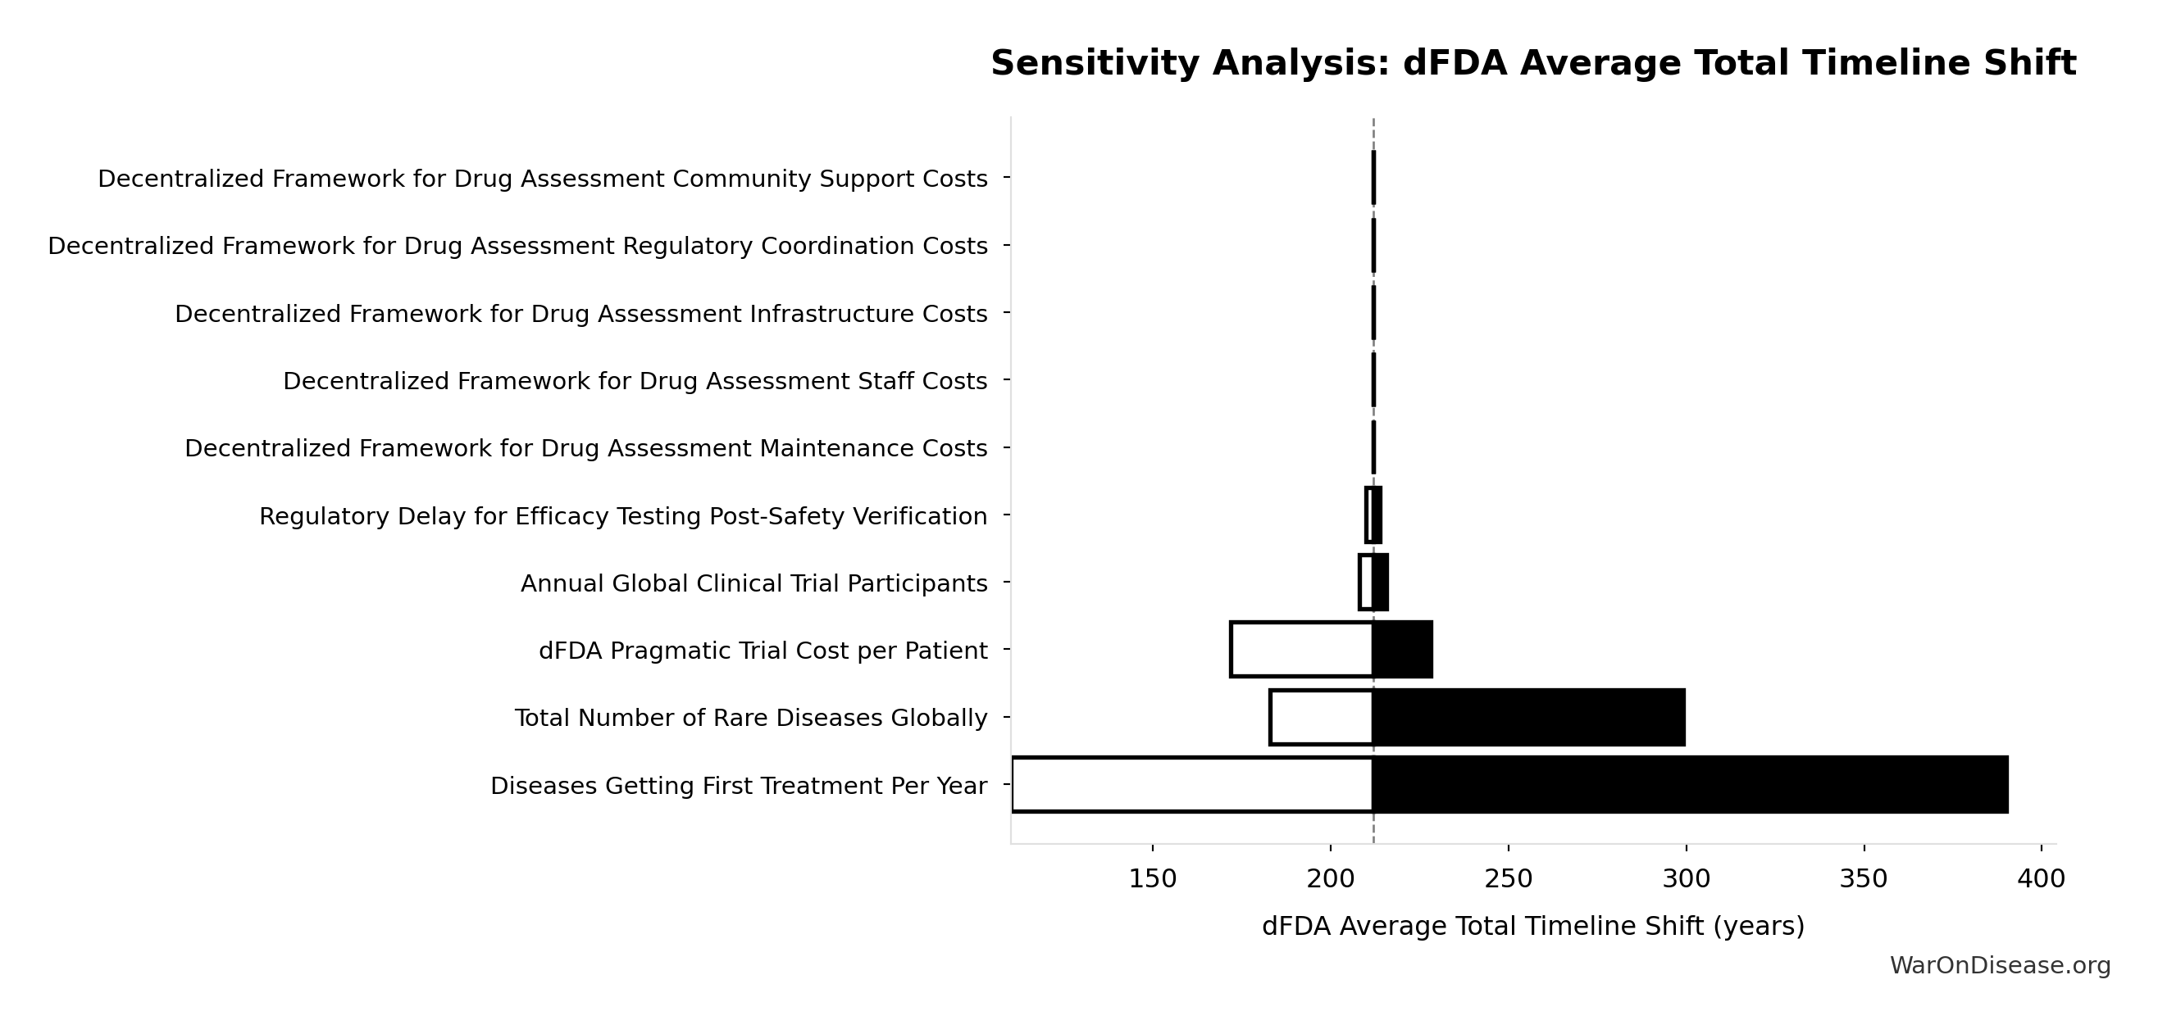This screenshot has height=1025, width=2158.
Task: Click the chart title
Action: point(1532,64)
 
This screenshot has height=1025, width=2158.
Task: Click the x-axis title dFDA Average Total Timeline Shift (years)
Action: point(1532,926)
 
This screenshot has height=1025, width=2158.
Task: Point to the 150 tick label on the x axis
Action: point(1152,879)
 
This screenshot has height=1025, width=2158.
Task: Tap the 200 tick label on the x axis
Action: point(1331,879)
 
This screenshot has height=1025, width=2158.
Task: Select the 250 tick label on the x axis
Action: point(1508,879)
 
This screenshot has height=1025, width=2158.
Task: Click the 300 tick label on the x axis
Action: point(1686,879)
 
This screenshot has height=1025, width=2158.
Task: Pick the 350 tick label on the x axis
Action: point(1863,879)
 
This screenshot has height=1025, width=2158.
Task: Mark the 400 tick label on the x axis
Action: point(2041,879)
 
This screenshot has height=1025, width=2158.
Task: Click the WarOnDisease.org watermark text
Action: point(2000,965)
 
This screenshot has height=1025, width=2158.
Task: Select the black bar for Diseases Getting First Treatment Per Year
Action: point(1690,785)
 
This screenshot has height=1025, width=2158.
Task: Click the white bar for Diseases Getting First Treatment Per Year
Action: point(1192,785)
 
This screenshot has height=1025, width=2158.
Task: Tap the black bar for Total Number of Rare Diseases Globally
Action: point(1528,718)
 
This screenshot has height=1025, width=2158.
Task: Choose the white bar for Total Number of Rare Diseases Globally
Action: point(1321,718)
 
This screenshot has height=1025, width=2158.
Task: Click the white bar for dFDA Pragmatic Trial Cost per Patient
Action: point(1301,650)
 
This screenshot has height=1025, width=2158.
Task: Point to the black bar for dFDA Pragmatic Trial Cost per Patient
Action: point(1402,650)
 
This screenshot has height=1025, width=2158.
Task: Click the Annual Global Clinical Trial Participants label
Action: point(754,583)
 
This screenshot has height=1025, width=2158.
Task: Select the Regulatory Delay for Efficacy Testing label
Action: point(622,517)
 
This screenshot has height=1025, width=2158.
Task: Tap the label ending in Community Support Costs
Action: point(542,179)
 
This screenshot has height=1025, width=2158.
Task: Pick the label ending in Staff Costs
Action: point(635,382)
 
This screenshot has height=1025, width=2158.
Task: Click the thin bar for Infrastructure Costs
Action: point(1373,313)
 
